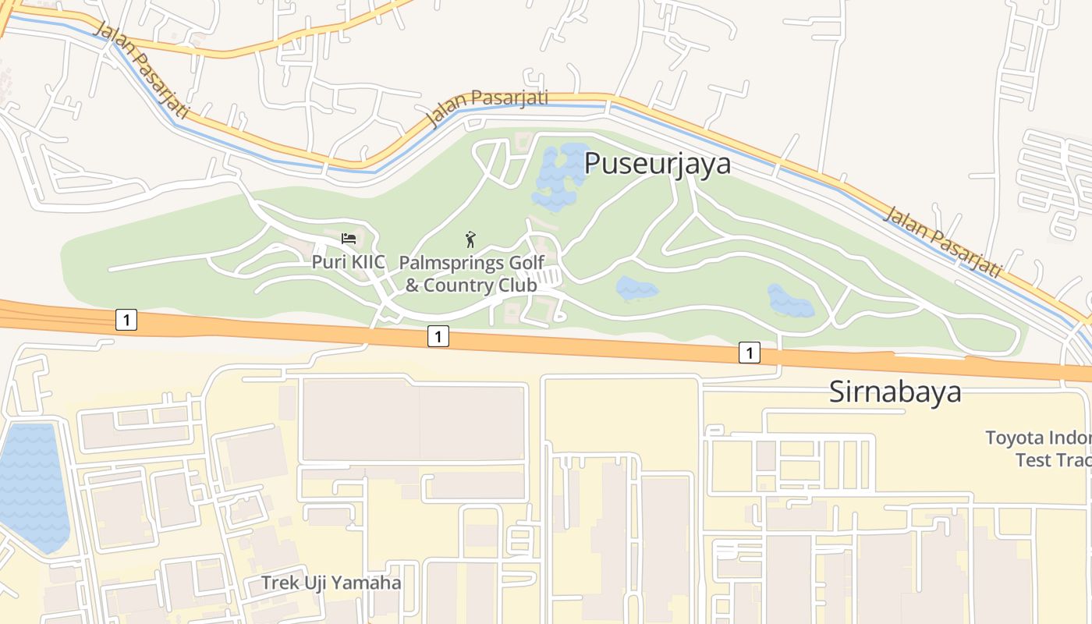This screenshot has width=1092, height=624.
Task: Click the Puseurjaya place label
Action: [657, 163]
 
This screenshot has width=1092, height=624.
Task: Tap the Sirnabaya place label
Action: [895, 392]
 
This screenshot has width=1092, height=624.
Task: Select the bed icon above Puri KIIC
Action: [349, 238]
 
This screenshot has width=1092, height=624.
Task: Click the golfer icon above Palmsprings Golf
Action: [470, 239]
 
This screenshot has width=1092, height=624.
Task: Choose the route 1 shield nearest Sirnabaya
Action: [749, 353]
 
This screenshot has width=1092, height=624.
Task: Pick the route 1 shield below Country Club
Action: [438, 336]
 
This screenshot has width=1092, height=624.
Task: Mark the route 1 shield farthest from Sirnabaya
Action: [126, 319]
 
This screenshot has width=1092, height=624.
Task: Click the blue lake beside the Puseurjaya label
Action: [560, 175]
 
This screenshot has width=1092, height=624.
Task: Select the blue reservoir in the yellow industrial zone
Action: [31, 484]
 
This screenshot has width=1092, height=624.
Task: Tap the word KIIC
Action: [367, 262]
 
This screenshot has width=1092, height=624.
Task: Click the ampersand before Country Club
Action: [412, 285]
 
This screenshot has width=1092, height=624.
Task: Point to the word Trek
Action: [278, 583]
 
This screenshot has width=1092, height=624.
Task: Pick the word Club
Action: [517, 285]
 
